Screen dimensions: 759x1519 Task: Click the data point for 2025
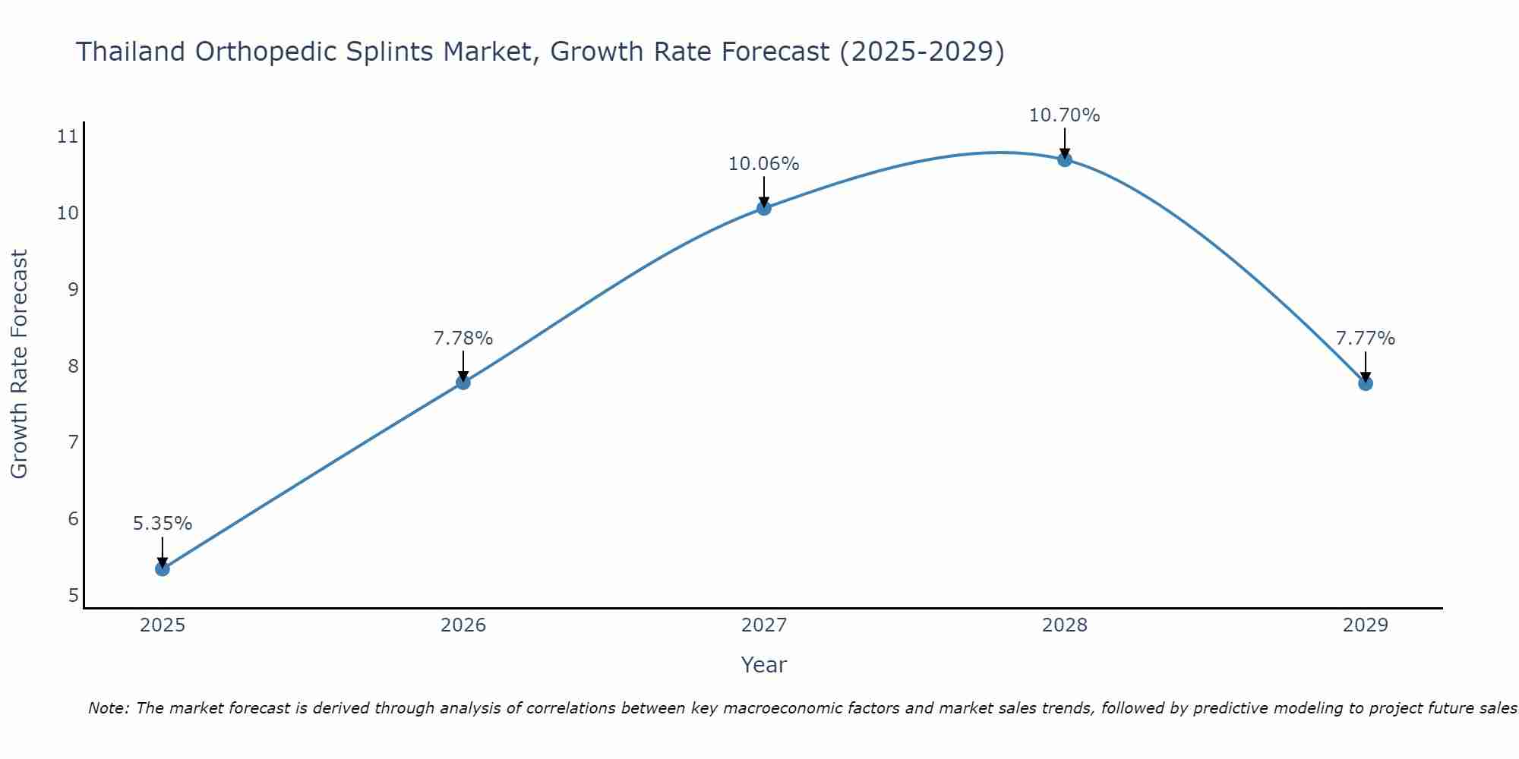click(163, 568)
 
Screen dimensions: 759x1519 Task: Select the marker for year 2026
click(463, 383)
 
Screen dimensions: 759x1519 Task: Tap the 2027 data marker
click(764, 208)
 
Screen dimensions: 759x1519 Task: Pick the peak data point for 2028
click(1065, 159)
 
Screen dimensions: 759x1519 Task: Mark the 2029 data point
click(1366, 383)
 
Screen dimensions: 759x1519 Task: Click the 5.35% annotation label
click(163, 524)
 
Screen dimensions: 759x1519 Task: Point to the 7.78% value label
click(463, 339)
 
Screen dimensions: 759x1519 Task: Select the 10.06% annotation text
click(764, 164)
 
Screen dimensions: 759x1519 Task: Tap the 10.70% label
click(1065, 115)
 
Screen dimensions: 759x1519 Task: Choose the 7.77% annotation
click(1366, 339)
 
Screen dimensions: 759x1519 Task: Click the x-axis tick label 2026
click(463, 625)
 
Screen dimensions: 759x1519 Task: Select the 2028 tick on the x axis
click(1065, 625)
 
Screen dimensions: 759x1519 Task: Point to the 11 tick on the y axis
click(68, 137)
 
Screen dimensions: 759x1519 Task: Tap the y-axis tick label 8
click(73, 366)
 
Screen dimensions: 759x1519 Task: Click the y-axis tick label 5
click(73, 595)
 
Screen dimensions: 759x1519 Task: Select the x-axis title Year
click(764, 665)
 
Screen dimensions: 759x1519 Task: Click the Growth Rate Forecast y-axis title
click(20, 364)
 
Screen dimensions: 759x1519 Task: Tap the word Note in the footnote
click(108, 708)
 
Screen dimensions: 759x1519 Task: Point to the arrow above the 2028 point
click(1065, 143)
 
